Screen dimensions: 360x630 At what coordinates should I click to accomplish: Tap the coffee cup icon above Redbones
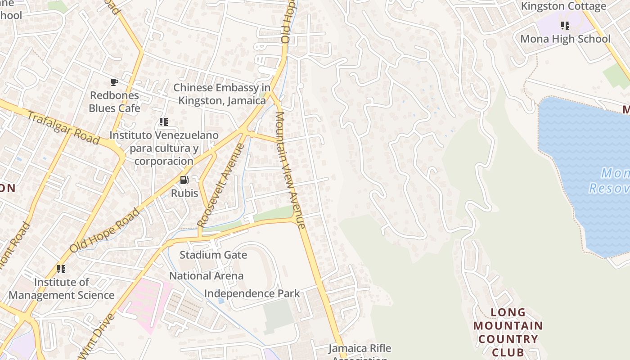(x=114, y=82)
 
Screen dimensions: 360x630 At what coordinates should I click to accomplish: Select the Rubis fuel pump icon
(x=184, y=180)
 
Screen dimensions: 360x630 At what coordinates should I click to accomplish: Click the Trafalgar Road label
(x=63, y=128)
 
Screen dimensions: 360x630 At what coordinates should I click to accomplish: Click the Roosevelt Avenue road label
(x=221, y=185)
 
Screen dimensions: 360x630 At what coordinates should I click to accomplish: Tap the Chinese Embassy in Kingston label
(x=222, y=94)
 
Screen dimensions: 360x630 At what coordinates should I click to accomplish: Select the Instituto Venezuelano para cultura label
(x=164, y=148)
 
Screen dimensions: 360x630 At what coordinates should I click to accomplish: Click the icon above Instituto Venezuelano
(x=164, y=121)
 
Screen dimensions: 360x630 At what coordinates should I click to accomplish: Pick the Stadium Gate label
(x=213, y=255)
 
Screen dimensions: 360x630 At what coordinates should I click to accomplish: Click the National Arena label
(x=206, y=275)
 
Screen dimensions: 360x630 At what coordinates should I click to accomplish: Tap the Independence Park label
(x=252, y=293)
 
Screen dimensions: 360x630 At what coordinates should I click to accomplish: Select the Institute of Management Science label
(x=62, y=288)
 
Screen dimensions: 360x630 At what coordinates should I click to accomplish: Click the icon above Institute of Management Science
(x=61, y=269)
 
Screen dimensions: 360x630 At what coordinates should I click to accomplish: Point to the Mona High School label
(x=565, y=39)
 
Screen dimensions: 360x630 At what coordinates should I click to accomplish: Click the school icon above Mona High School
(x=565, y=25)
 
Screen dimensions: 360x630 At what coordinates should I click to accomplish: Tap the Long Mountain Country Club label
(x=508, y=332)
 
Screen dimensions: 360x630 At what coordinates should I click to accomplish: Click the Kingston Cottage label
(x=563, y=6)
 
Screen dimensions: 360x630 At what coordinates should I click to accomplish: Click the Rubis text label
(x=184, y=193)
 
